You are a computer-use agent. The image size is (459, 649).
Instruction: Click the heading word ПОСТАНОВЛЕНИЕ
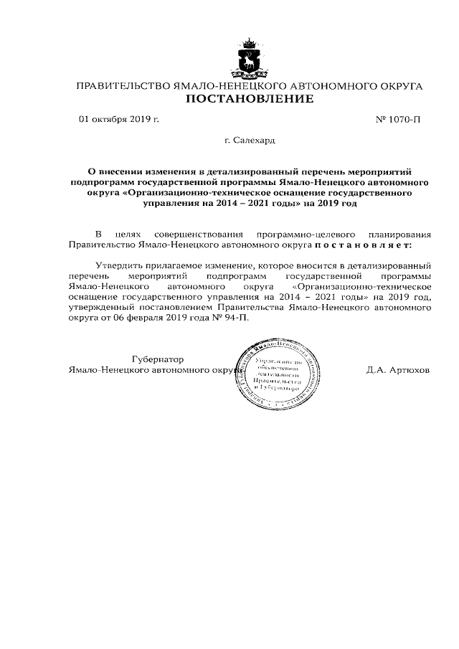pyautogui.click(x=250, y=99)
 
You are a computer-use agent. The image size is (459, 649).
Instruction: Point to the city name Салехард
pyautogui.click(x=254, y=142)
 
